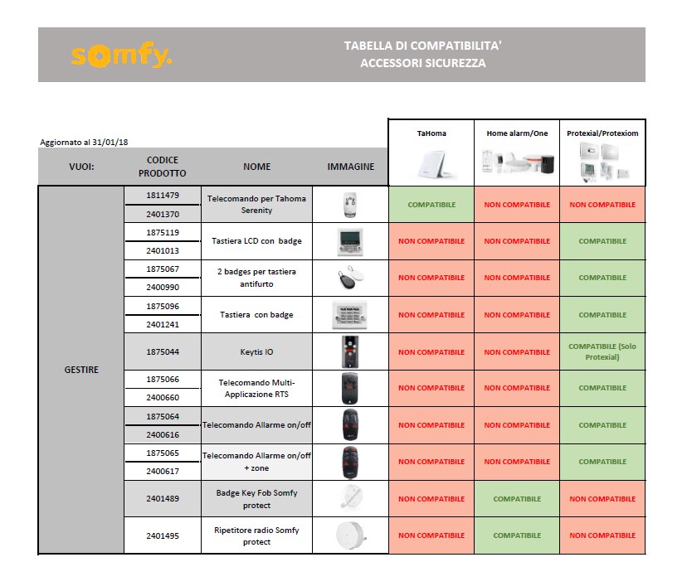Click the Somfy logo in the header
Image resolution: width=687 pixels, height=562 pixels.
click(121, 56)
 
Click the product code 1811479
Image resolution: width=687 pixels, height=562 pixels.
click(163, 195)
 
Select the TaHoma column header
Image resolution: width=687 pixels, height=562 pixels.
click(431, 133)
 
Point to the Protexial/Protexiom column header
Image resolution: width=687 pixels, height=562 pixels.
click(602, 133)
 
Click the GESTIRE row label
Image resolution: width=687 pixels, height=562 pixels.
click(81, 370)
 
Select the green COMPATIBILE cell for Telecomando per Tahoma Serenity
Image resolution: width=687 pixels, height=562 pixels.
click(431, 204)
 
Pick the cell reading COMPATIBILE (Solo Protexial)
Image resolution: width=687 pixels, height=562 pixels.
click(602, 351)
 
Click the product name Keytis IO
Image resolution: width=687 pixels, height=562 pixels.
click(256, 351)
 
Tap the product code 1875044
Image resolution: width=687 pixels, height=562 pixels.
click(163, 351)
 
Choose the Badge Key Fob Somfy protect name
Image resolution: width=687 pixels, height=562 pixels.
click(256, 498)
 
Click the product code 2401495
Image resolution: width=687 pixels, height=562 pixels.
click(163, 535)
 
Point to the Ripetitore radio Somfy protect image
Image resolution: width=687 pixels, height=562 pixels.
click(349, 535)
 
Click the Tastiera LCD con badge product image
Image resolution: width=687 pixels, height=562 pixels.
click(349, 241)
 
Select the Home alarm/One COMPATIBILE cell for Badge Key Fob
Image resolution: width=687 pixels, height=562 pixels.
click(517, 499)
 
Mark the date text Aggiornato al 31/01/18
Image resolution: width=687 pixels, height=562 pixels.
click(84, 143)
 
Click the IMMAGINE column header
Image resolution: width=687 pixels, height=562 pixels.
click(350, 167)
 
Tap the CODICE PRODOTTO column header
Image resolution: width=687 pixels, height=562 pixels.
click(163, 167)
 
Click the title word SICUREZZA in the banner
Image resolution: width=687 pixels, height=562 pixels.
click(457, 63)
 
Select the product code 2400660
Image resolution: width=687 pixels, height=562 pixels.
click(163, 397)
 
